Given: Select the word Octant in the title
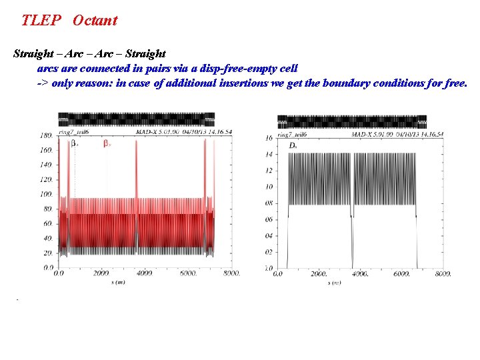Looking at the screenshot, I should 95,20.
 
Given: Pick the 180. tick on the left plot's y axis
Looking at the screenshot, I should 46,136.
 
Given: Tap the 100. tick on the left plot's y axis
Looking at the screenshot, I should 46,195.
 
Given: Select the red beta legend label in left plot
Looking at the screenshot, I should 107,144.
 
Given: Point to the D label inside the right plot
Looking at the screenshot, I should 293,145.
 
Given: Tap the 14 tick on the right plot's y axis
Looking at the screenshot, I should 269,154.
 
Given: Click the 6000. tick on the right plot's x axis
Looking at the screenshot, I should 402,273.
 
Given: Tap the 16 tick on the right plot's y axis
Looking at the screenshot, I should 269,138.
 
